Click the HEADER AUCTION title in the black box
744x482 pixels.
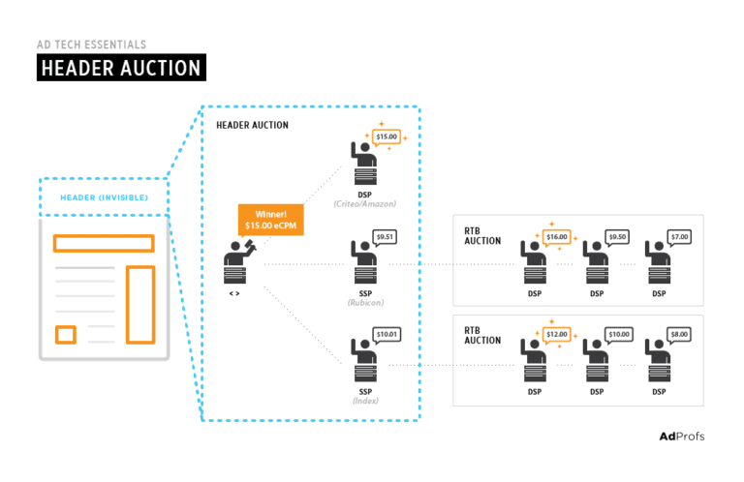pos(121,68)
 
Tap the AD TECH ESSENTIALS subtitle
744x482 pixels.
pos(92,44)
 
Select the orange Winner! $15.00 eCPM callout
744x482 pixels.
pos(270,219)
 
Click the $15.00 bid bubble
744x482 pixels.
pos(386,136)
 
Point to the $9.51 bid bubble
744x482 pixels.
pos(385,236)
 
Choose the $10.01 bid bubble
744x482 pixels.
pos(386,335)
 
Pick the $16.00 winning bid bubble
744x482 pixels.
pos(556,236)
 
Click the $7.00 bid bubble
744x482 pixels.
pos(680,236)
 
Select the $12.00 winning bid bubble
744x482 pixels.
pos(556,335)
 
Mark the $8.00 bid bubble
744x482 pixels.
pos(680,335)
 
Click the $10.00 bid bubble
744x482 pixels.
pos(618,335)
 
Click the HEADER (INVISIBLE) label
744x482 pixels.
pos(104,197)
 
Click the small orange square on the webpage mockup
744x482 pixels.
pos(66,335)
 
